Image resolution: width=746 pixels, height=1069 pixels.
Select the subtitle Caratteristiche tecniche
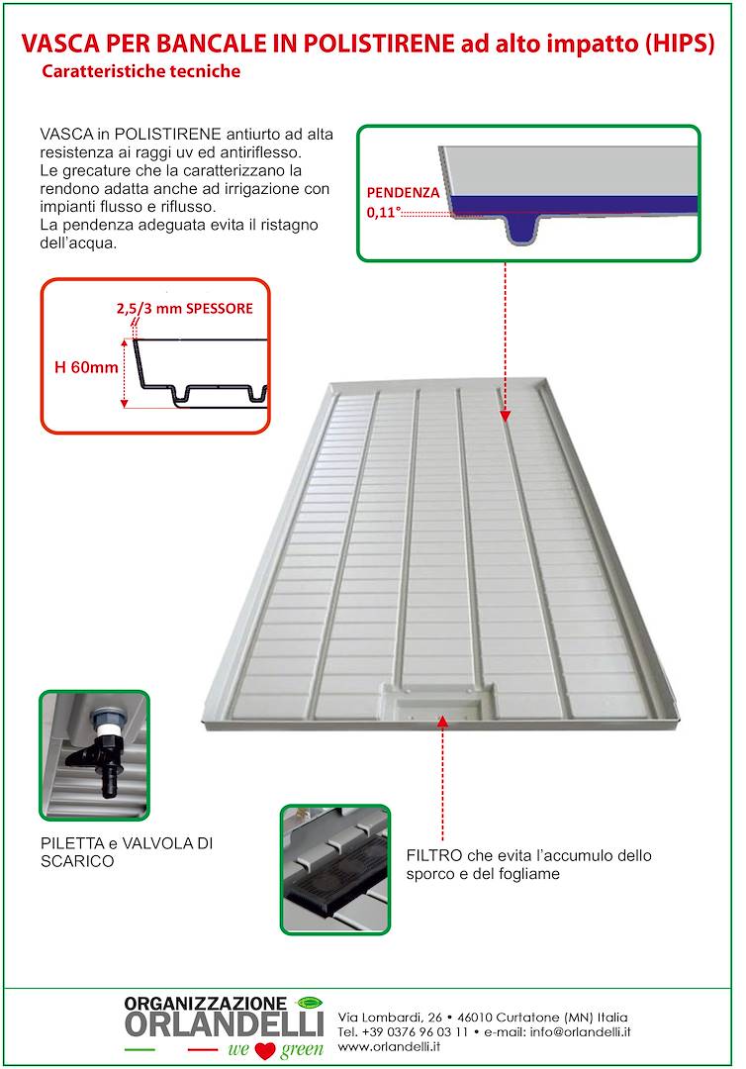(141, 72)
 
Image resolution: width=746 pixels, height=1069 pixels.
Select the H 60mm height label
(86, 368)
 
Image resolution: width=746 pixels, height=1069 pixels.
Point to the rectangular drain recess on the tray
(438, 705)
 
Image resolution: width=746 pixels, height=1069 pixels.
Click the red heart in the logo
(263, 1050)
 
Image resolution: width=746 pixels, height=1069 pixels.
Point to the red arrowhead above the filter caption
(442, 723)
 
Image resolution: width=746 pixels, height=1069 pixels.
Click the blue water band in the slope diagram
(574, 204)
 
